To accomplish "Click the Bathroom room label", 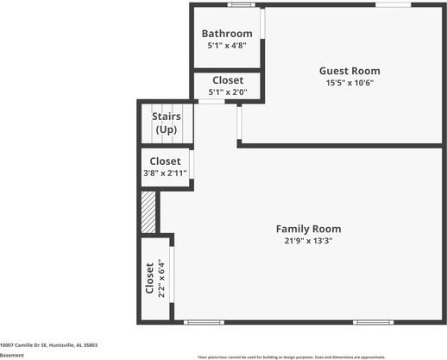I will (227, 34).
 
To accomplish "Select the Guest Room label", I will (349, 71).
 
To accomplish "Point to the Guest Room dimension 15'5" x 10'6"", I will (349, 84).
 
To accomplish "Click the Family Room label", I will (308, 229).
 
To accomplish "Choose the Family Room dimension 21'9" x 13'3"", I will (308, 242).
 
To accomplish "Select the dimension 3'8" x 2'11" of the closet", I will (165, 174).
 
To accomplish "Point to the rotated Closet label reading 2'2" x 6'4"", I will (155, 278).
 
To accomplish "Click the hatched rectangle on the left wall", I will (148, 212).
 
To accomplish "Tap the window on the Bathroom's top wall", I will (241, 5).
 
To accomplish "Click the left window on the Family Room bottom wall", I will (204, 323).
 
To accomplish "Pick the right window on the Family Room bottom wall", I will (373, 323).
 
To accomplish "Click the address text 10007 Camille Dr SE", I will (48, 344).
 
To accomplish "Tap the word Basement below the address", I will (12, 355).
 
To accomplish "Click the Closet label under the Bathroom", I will (227, 80).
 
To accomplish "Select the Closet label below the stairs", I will (165, 161).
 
